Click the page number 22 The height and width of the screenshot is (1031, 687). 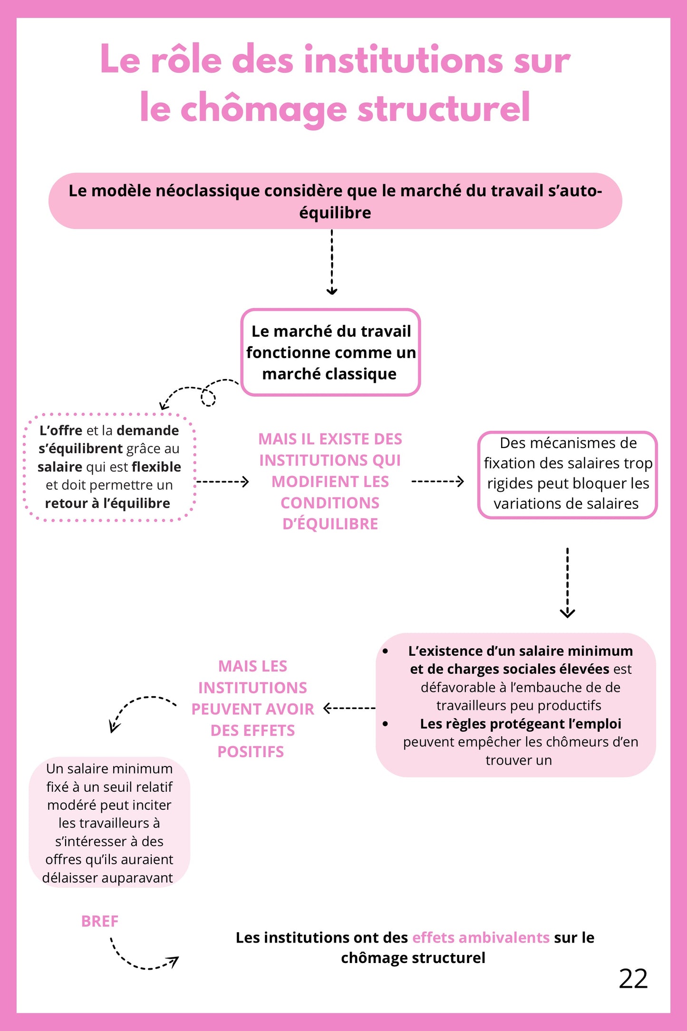coord(633,979)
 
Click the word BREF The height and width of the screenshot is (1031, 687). coord(99,921)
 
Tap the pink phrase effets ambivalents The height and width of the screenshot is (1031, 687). coord(480,937)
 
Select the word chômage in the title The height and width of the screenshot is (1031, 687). coord(263,108)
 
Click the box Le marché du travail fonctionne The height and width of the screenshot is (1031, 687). coord(330,352)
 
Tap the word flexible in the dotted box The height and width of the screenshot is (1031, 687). coord(156,467)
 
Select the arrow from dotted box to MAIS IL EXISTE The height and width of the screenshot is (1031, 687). coord(222,482)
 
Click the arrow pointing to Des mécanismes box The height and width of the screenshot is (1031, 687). coord(437,481)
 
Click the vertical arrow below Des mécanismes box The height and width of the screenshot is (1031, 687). coord(567,583)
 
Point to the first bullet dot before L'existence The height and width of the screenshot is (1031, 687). coord(385,651)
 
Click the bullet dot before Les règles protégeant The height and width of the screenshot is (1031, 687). coord(385,724)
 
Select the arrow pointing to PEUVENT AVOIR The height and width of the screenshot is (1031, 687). coord(349,709)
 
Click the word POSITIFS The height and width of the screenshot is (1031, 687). coord(251,751)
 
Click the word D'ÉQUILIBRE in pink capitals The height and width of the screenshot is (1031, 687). coord(330,524)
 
